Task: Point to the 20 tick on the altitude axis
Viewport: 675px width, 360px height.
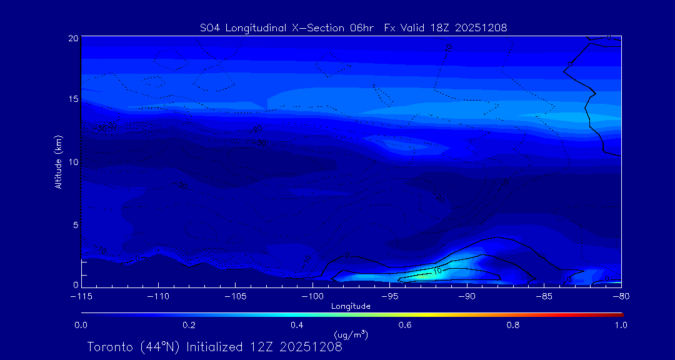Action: pyautogui.click(x=72, y=38)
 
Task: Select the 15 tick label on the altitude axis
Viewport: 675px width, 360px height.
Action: pyautogui.click(x=72, y=99)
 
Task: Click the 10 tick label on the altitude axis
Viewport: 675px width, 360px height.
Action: pyautogui.click(x=72, y=162)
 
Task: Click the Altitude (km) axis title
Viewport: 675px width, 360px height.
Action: pyautogui.click(x=58, y=162)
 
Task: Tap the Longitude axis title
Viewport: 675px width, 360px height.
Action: pyautogui.click(x=351, y=306)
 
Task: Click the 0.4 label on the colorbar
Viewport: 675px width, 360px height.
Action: pyautogui.click(x=297, y=325)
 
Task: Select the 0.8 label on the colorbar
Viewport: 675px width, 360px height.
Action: pyautogui.click(x=513, y=325)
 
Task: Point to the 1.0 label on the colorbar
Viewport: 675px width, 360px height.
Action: pyautogui.click(x=621, y=325)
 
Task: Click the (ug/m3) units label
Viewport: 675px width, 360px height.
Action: pyautogui.click(x=351, y=334)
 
